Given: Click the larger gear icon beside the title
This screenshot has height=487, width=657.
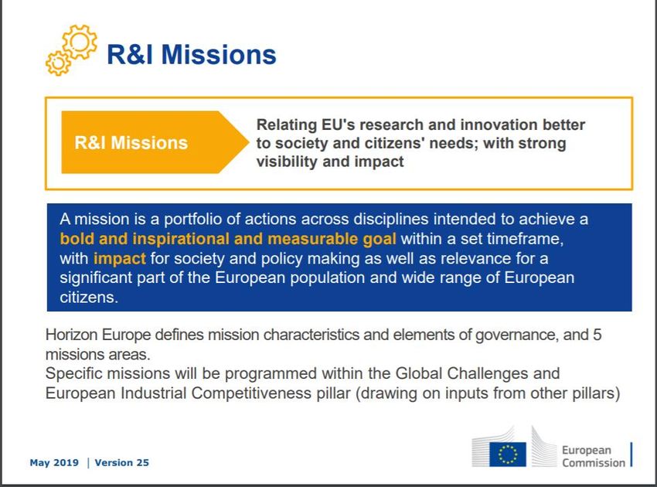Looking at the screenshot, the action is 80,42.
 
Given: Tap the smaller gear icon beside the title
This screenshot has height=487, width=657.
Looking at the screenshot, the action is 58,63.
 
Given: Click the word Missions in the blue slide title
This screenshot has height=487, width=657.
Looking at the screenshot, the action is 219,55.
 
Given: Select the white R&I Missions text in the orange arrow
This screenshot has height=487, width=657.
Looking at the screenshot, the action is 131,143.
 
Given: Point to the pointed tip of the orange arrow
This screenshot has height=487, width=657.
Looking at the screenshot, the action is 249,142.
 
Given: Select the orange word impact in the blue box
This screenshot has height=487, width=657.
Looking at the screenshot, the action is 119,259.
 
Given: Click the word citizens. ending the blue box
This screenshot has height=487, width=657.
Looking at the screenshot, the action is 89,298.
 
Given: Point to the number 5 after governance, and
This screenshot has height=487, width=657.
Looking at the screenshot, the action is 597,335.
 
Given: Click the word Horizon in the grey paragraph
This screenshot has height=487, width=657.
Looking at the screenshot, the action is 72,335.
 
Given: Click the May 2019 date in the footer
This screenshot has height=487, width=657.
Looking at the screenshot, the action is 54,463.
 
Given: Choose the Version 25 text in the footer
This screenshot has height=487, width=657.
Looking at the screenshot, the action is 121,463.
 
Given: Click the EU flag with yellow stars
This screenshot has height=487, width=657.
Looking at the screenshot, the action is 507,454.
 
